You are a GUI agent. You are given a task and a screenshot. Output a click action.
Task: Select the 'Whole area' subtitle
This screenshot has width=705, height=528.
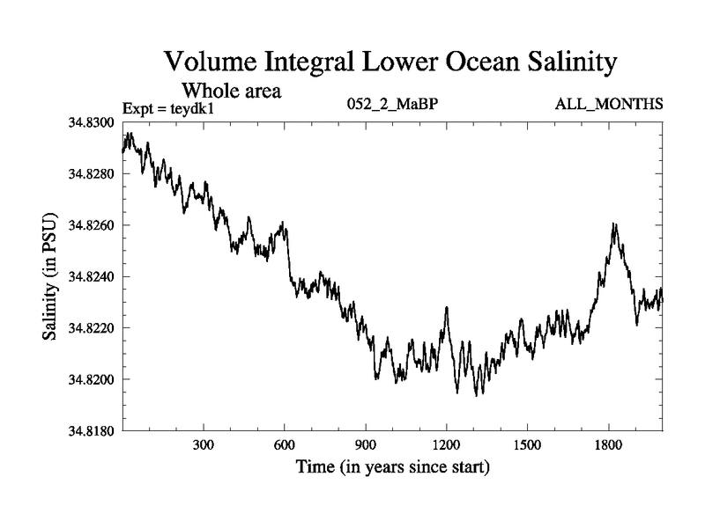click(x=231, y=91)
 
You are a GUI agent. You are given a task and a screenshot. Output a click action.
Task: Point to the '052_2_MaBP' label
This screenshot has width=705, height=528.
click(x=394, y=105)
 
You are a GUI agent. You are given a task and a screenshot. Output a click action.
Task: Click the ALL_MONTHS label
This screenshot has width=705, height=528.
click(x=609, y=105)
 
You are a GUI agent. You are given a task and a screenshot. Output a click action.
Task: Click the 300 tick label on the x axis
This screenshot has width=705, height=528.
click(x=204, y=445)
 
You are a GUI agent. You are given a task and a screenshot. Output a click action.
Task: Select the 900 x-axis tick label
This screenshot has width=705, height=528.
click(x=366, y=445)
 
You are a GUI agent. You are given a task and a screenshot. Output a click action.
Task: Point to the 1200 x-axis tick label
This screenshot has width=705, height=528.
click(x=447, y=445)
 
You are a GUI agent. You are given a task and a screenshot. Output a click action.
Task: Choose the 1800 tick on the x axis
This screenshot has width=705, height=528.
click(x=608, y=445)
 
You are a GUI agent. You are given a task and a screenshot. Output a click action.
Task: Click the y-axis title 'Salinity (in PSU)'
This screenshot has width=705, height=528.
click(x=49, y=277)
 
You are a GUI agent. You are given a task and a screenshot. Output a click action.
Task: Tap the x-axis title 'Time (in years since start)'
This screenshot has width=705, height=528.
click(x=392, y=466)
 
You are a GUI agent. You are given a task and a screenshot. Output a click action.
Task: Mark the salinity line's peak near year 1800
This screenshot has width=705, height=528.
click(x=614, y=224)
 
